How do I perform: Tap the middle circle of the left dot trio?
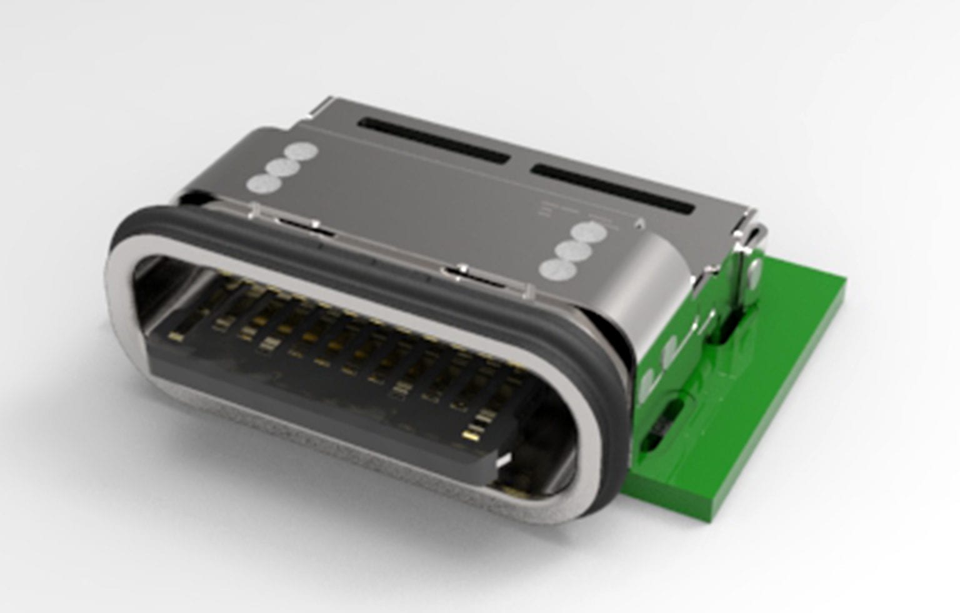coord(281,167)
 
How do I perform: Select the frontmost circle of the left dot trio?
coord(262,184)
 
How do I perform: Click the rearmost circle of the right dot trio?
coord(590,232)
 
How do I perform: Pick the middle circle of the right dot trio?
coord(573,252)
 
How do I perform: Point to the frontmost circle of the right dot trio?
coord(556,270)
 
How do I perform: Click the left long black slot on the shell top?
coord(435,140)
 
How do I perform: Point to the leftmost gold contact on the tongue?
coord(176,337)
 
